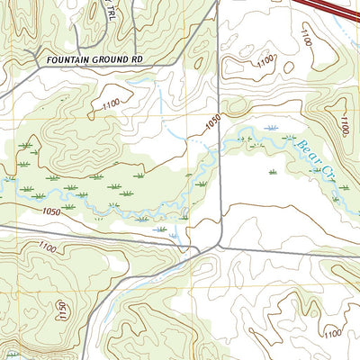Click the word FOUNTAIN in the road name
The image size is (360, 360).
[65, 59]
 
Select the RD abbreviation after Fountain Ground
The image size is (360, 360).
[137, 59]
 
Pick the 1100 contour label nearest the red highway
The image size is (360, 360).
[310, 40]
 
